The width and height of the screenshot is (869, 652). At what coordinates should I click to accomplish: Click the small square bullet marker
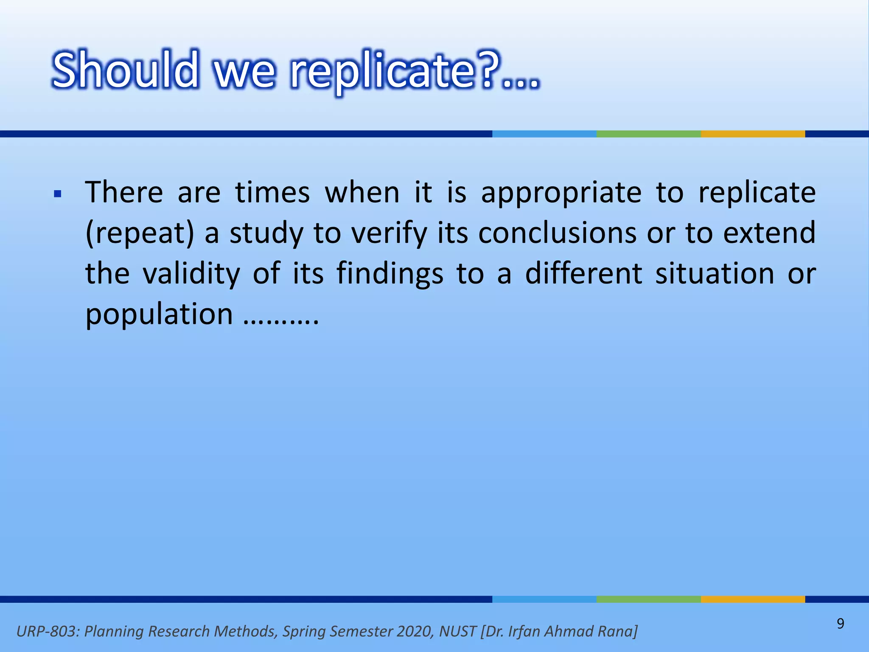[58, 194]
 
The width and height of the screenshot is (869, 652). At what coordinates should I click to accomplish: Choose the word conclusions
[557, 233]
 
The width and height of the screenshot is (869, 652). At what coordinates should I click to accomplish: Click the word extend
[769, 233]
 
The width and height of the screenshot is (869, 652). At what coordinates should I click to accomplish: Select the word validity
[191, 274]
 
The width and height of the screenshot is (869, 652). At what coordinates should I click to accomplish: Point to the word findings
[390, 274]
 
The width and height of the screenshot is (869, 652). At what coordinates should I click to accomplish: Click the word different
[583, 273]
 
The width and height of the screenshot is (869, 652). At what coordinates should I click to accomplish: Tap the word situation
[715, 273]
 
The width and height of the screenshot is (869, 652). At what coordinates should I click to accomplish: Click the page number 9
[840, 624]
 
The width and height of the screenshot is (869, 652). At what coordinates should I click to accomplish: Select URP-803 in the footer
[47, 631]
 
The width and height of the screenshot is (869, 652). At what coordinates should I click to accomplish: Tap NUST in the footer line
[458, 631]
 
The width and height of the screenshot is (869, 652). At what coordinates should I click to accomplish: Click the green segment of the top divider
[648, 134]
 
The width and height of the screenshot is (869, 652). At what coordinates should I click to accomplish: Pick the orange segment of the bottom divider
[753, 599]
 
